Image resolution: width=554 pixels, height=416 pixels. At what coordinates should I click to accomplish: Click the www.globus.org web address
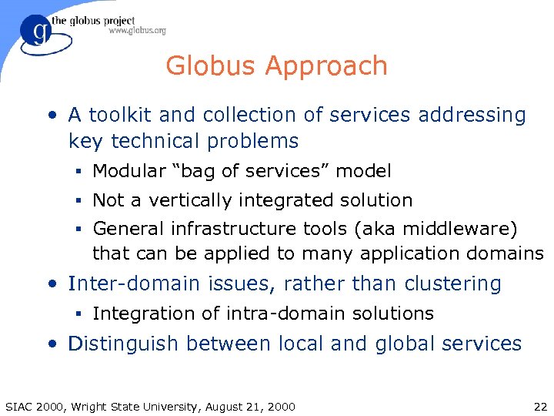coord(137,31)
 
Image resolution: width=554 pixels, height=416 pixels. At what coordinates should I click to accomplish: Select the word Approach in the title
coord(331,66)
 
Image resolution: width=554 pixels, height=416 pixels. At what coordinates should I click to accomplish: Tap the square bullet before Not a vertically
coord(80,201)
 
